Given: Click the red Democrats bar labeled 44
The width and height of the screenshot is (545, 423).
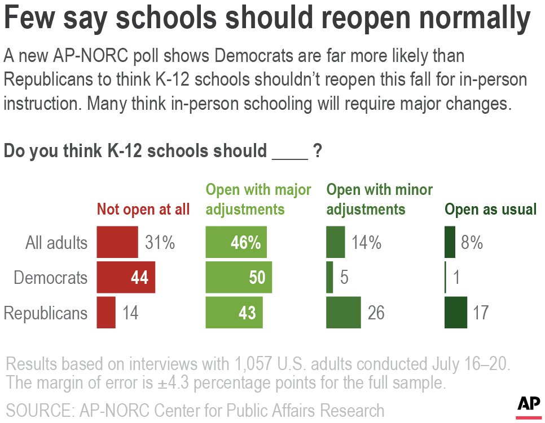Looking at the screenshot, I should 126,278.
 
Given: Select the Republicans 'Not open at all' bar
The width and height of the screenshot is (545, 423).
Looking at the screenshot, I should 106,313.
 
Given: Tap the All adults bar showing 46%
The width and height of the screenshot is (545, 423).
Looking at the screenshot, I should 236,243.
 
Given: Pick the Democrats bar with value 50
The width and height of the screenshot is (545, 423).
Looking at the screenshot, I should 239,278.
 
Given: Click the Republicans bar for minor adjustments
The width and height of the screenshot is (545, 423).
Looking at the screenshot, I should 344,313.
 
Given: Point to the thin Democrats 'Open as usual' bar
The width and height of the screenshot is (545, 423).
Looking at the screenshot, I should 445,278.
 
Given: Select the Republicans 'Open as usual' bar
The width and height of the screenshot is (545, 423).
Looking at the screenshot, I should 456,313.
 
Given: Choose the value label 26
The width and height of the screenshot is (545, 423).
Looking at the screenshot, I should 376,313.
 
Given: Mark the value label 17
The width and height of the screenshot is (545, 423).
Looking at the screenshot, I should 481,313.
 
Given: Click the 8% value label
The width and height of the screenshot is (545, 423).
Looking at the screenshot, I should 471,243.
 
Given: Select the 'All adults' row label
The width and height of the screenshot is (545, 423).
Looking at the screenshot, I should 56,243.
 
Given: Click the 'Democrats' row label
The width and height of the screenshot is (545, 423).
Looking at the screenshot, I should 51,278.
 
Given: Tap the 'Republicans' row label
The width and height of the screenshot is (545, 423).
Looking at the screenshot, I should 46,313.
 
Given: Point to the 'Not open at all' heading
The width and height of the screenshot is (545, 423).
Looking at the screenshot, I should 143,210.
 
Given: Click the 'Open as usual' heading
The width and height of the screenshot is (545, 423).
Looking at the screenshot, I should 490,210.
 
